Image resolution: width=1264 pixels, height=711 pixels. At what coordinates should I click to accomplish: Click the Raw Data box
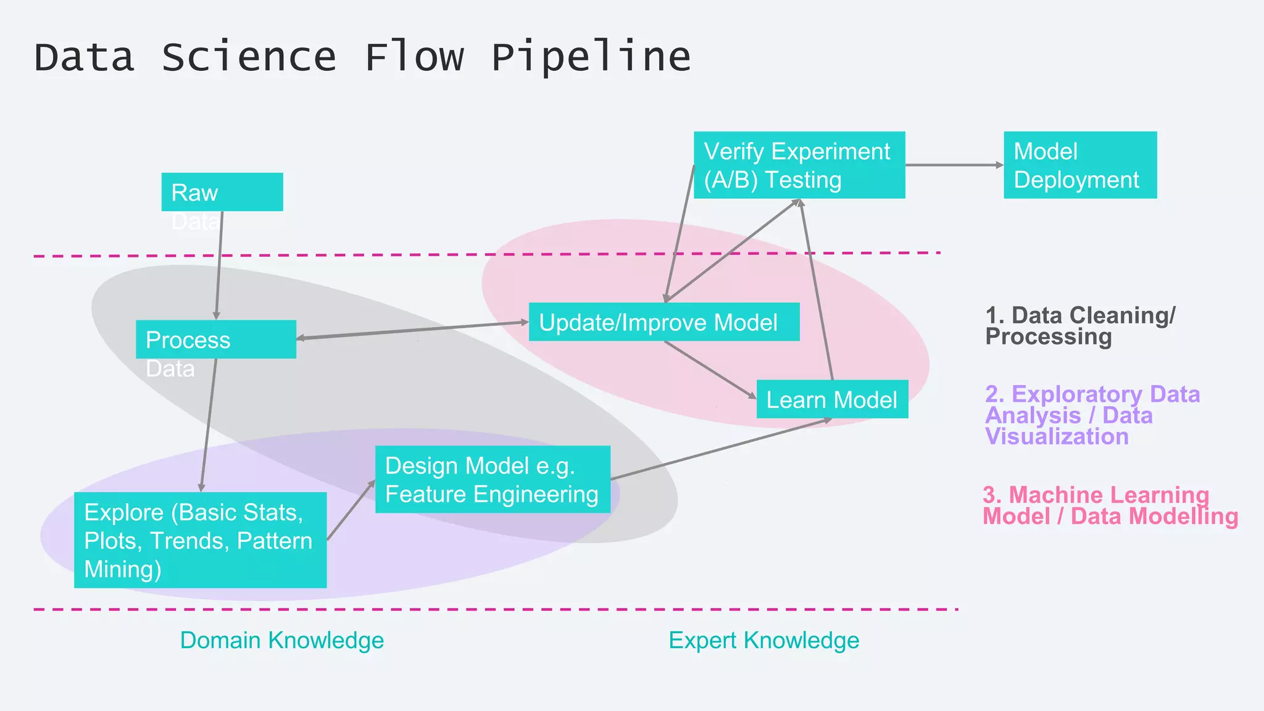(x=222, y=192)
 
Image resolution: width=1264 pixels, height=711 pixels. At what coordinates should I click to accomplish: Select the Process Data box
(x=215, y=339)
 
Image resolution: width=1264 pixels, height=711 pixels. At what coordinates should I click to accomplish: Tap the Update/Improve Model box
(x=663, y=322)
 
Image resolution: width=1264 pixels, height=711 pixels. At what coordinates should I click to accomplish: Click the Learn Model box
(x=831, y=399)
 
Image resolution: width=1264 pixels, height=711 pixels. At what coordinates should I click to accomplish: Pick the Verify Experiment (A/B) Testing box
(x=799, y=165)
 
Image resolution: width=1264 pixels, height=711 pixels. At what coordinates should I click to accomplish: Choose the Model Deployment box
(x=1079, y=165)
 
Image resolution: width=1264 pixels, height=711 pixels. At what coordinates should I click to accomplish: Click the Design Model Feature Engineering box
(x=493, y=480)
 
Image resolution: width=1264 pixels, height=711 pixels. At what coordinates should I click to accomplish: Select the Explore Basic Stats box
(x=200, y=540)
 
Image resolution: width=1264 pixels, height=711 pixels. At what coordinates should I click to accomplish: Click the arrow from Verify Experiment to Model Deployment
(x=954, y=165)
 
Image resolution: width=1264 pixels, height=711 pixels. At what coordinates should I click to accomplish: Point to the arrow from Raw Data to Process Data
(x=219, y=265)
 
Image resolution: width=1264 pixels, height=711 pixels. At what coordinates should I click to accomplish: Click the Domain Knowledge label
(x=282, y=641)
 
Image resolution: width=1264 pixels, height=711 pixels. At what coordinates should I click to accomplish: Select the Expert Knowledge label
(x=763, y=641)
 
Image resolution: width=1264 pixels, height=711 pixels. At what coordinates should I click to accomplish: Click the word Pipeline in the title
(x=591, y=57)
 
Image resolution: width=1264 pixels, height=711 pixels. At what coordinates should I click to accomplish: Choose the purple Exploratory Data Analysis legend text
(x=1091, y=415)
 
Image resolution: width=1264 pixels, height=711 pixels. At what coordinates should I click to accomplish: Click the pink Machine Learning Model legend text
(x=1109, y=505)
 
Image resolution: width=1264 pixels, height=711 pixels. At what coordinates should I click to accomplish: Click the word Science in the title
(x=249, y=57)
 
